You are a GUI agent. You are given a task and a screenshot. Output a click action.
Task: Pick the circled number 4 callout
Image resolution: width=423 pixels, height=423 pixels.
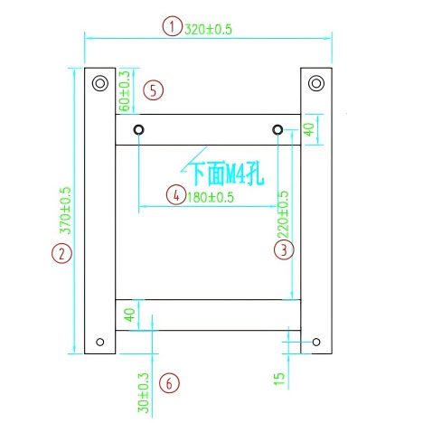[x=174, y=193]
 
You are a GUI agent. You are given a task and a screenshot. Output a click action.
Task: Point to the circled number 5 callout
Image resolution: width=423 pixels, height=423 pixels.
[x=154, y=89]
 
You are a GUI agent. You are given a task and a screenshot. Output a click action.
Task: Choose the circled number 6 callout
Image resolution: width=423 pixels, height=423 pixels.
[x=169, y=383]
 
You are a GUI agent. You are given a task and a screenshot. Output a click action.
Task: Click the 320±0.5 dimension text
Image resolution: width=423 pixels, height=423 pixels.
[x=209, y=28]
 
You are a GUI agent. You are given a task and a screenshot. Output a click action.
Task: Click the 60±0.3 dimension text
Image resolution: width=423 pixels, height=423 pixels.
[x=125, y=89]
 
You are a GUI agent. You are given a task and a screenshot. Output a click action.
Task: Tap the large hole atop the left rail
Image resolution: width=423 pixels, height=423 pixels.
[x=99, y=84]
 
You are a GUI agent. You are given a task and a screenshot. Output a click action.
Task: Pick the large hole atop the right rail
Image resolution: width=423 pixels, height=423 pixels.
[x=315, y=84]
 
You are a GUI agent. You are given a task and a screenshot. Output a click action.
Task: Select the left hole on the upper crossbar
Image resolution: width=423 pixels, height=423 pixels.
[x=138, y=130]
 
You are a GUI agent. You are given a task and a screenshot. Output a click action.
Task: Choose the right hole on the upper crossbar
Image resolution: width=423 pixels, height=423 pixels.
[x=277, y=130]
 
